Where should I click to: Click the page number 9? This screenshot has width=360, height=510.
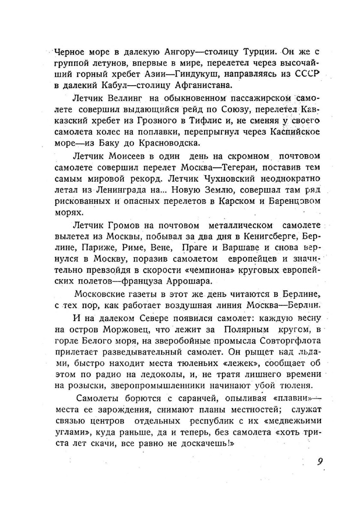[320, 461]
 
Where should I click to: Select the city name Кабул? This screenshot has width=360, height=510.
[114, 85]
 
